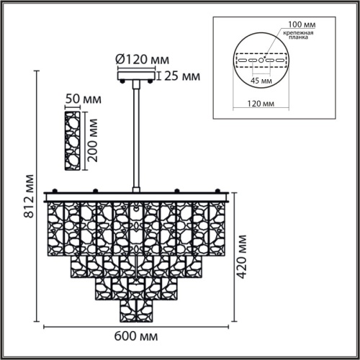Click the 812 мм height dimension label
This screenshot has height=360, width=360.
click(x=29, y=197)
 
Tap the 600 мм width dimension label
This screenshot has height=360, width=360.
click(x=136, y=336)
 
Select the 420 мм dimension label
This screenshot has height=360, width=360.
click(x=242, y=257)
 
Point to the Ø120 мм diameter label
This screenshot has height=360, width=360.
click(x=143, y=59)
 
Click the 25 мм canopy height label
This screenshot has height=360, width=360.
click(x=182, y=76)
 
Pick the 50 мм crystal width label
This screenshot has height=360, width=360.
click(x=84, y=99)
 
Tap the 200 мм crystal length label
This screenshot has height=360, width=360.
click(x=92, y=140)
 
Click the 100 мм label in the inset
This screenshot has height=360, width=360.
click(x=302, y=24)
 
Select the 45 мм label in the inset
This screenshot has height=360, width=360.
click(x=261, y=81)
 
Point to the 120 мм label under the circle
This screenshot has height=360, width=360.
click(x=261, y=104)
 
